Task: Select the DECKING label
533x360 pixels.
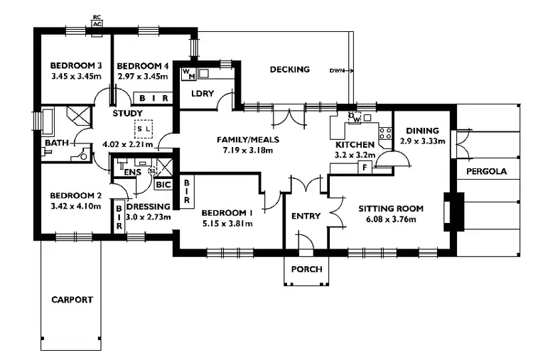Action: click(x=290, y=69)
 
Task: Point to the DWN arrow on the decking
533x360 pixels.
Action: click(x=341, y=71)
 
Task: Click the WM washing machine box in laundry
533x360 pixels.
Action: click(x=188, y=73)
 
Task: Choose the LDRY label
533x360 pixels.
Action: click(x=193, y=93)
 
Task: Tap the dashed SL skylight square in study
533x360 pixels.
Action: click(x=144, y=129)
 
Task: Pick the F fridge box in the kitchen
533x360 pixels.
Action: click(x=364, y=168)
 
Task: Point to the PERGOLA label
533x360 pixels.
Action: click(x=486, y=173)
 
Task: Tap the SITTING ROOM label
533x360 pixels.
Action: click(x=390, y=209)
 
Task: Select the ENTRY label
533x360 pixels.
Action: click(x=306, y=216)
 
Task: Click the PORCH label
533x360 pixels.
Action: click(x=306, y=269)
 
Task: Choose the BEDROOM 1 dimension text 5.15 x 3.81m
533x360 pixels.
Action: click(x=227, y=223)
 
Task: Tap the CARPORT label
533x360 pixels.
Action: click(x=72, y=300)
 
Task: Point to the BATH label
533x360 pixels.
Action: click(x=56, y=143)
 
